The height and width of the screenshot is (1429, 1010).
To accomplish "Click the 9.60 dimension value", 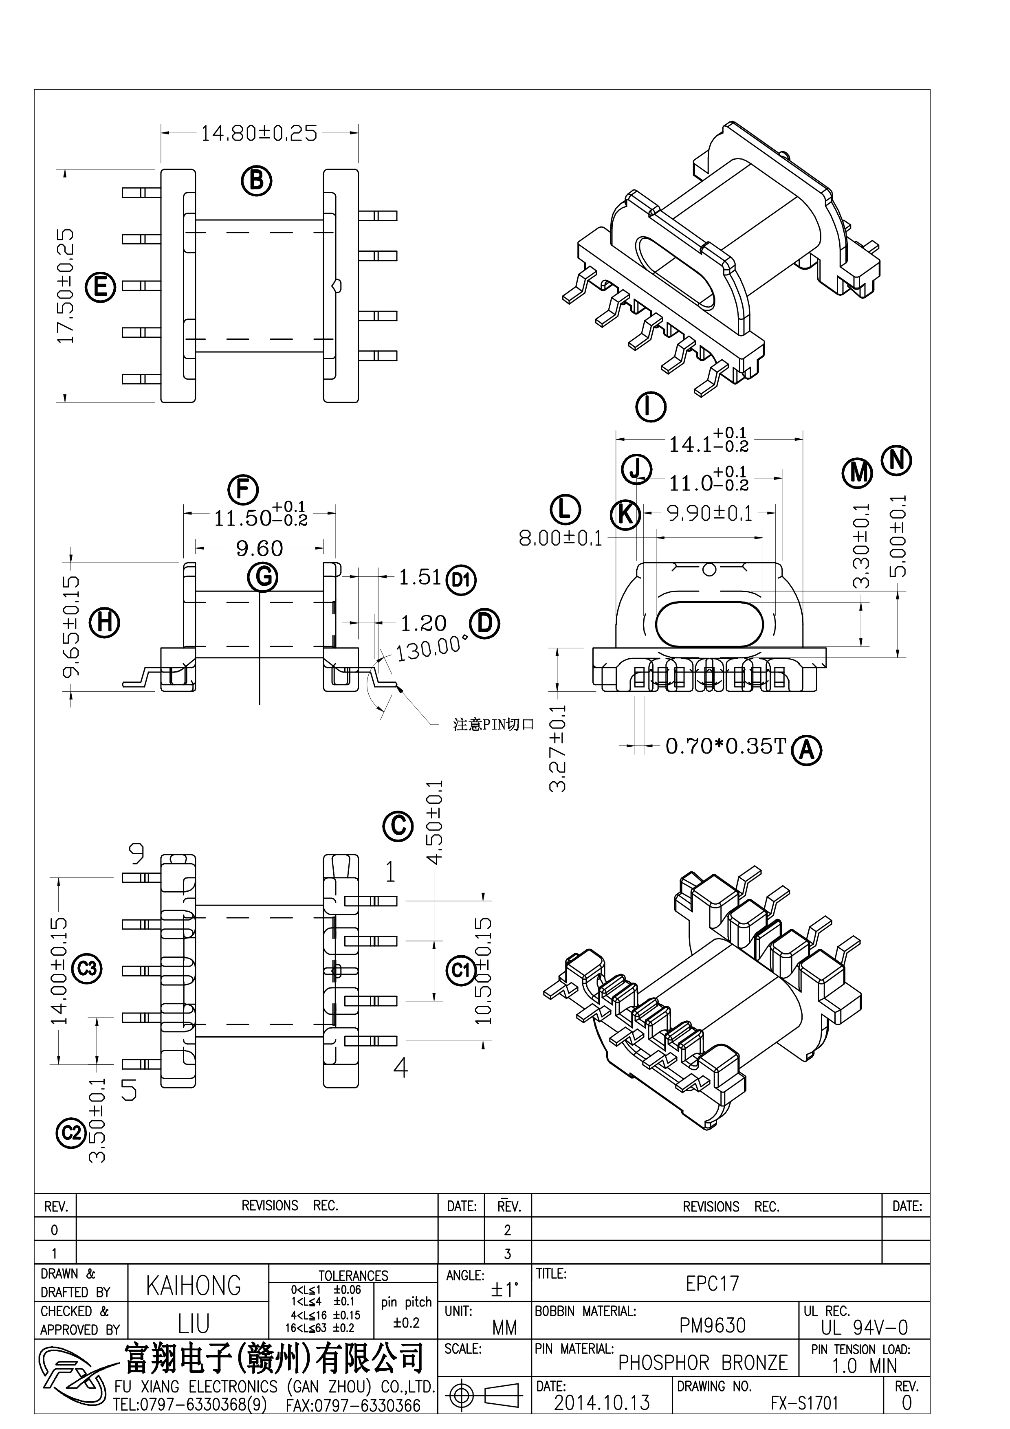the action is click(260, 548).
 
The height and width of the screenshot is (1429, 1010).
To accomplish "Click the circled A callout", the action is click(807, 750).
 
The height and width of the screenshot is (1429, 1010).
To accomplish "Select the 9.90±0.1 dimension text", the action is click(709, 513).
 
